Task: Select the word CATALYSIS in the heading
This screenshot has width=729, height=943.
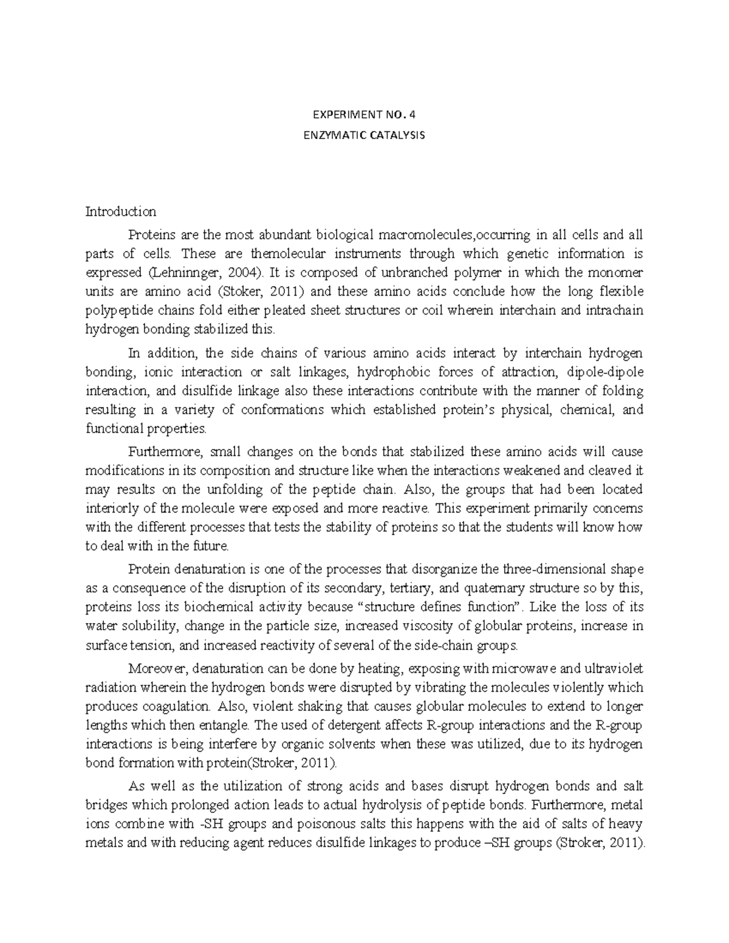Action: [x=396, y=135]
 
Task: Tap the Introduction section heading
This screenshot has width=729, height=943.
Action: [x=121, y=212]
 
